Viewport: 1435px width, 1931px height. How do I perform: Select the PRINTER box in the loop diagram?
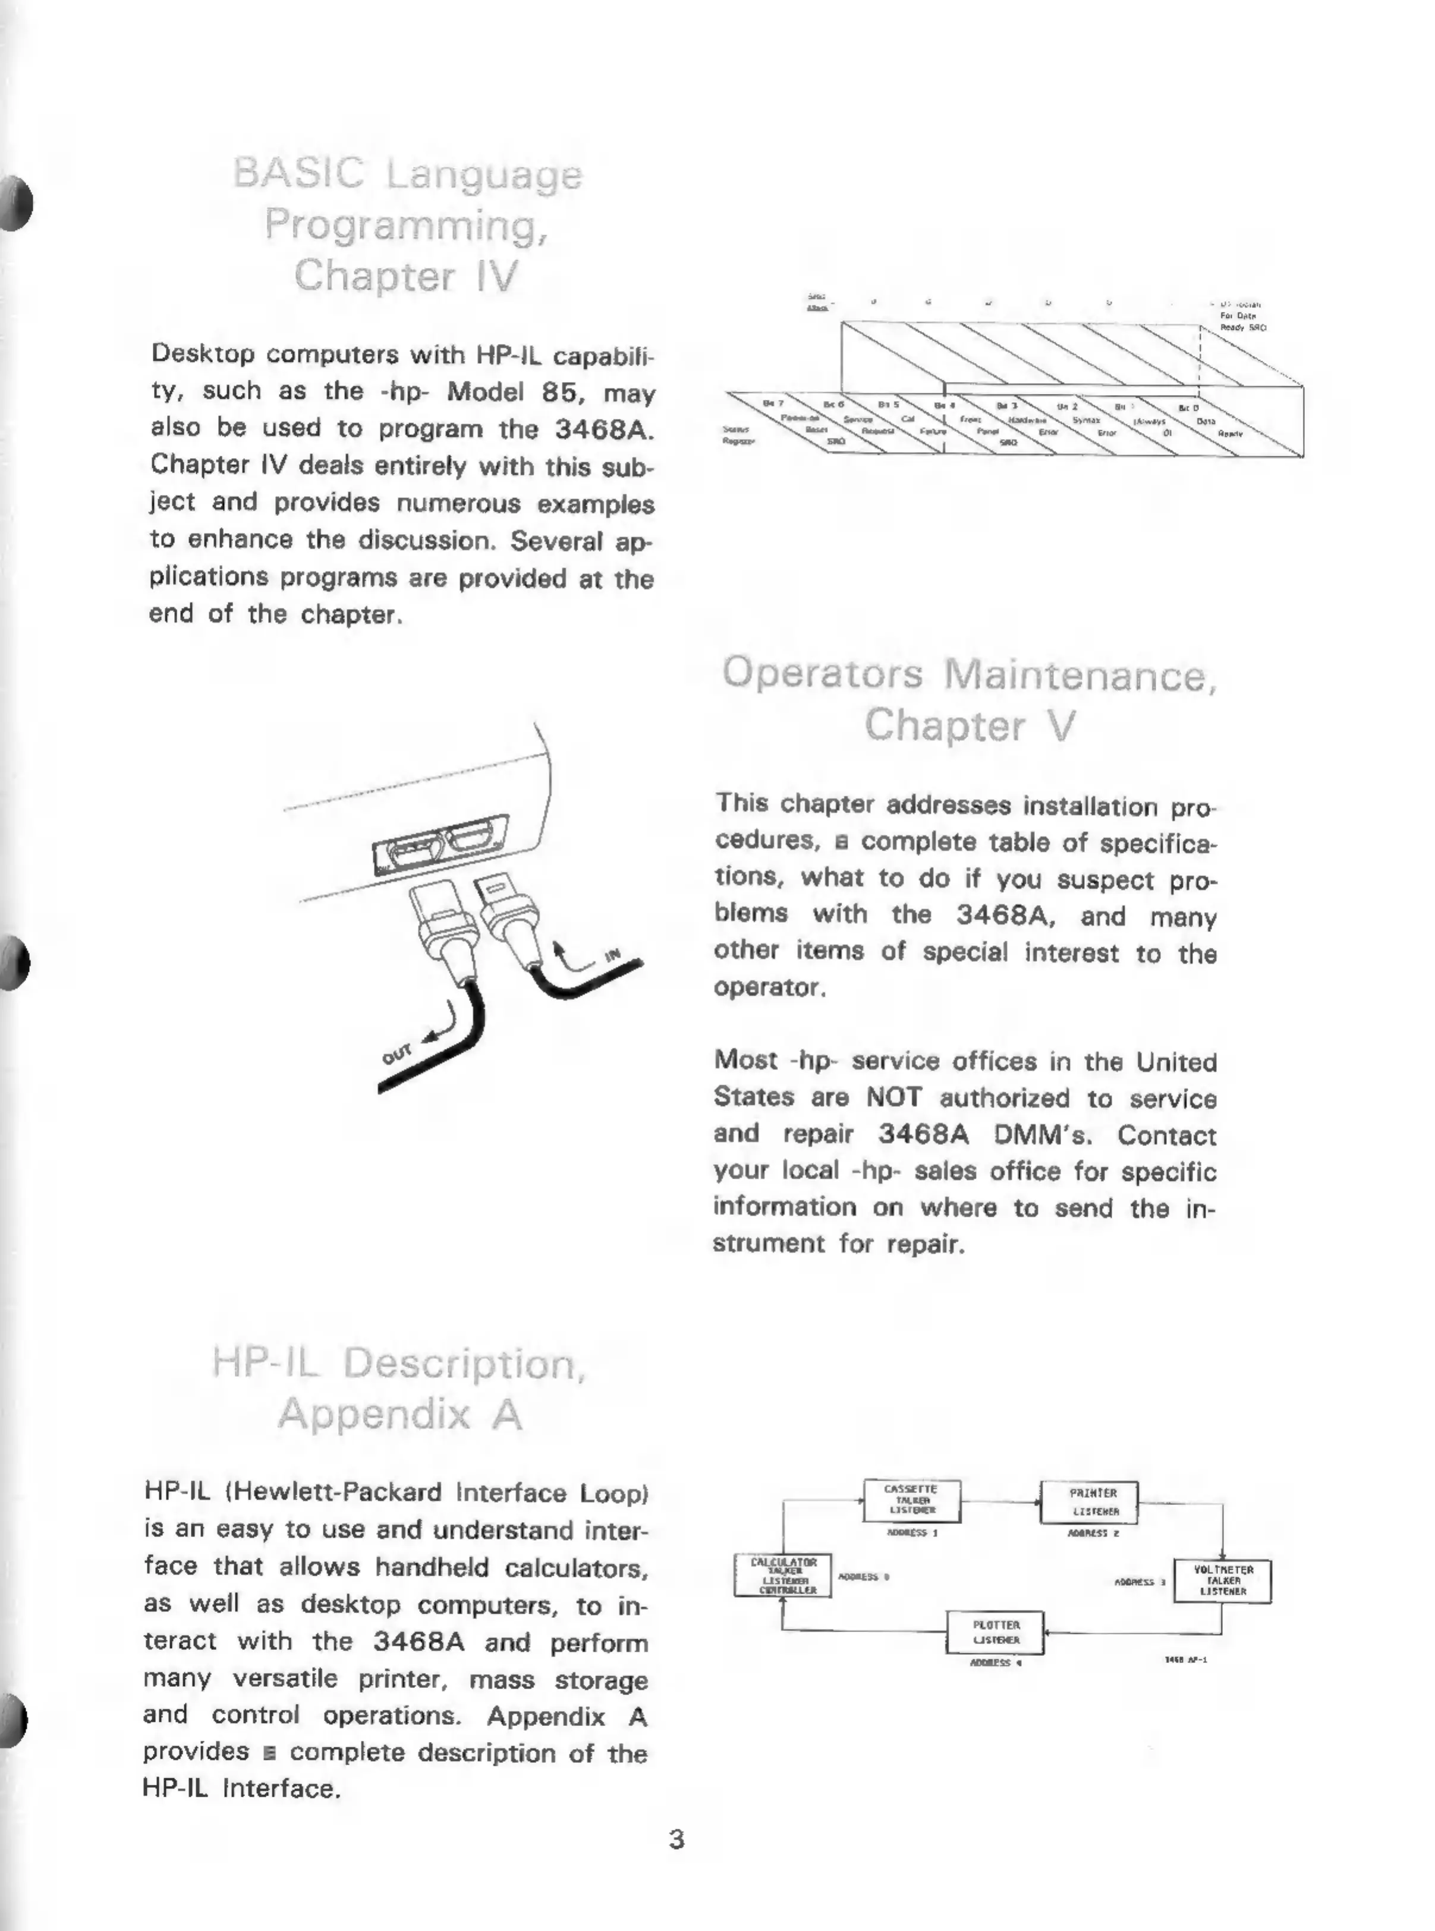point(1089,1501)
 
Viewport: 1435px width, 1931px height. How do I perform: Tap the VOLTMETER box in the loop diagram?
point(1222,1580)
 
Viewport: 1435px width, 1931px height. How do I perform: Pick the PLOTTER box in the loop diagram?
point(995,1632)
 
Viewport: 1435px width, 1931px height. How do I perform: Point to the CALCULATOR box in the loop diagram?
point(783,1575)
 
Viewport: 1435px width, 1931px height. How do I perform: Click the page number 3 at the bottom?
point(676,1839)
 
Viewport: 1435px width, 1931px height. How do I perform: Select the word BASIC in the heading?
point(299,173)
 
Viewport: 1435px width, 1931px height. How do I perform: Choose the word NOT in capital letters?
point(894,1097)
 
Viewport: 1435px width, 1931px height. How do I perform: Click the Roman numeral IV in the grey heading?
point(496,276)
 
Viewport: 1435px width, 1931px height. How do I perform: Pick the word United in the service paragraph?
point(1176,1062)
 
